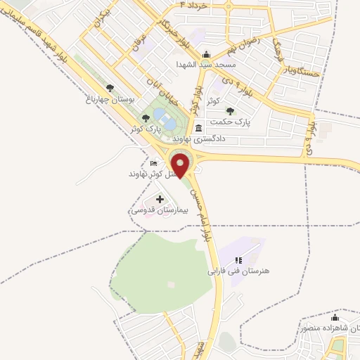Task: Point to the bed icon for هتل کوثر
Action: coord(154,164)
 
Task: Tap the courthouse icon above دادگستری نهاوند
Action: coord(200,128)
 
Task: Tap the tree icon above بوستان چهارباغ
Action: coord(110,88)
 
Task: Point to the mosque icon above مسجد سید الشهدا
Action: coord(205,55)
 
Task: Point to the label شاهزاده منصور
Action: coord(330,328)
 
